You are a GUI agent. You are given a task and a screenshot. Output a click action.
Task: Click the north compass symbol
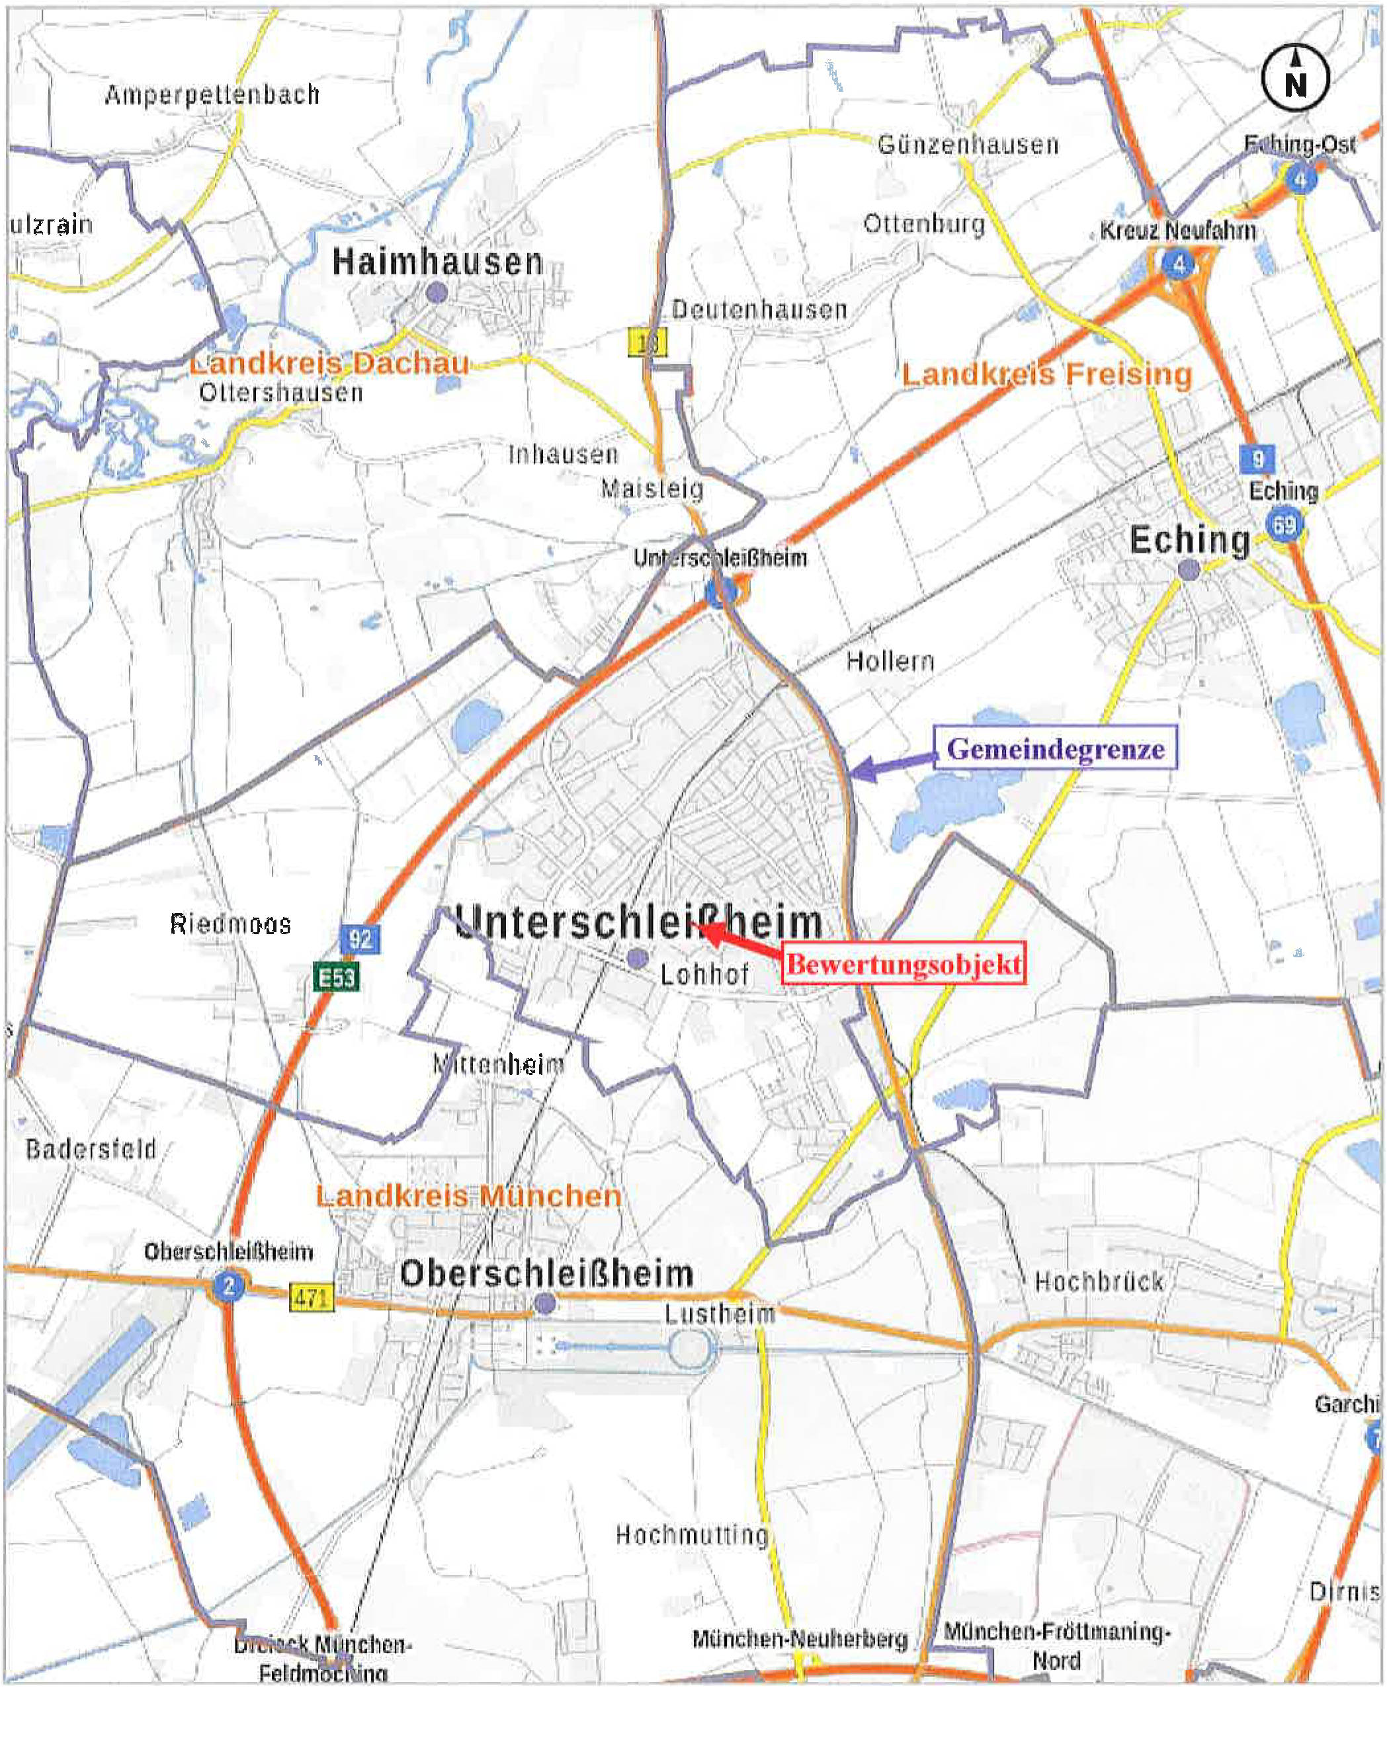point(1294,78)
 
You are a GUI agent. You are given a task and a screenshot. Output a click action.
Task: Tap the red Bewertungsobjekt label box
point(903,964)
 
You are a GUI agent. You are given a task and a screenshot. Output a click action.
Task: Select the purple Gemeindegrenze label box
point(1054,748)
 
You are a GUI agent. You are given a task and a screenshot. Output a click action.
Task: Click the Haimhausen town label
point(438,262)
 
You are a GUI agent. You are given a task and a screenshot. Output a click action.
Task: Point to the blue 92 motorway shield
point(359,939)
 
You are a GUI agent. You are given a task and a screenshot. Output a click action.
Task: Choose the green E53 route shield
point(336,977)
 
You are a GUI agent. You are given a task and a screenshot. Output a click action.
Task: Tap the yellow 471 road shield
point(312,1298)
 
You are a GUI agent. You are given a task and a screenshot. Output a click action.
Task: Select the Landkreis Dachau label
point(329,362)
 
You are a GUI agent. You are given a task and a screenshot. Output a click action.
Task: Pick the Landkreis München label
point(469,1196)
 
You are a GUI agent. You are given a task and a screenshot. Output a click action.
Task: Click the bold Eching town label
point(1189,540)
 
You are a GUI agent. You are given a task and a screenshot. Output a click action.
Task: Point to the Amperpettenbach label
point(212,95)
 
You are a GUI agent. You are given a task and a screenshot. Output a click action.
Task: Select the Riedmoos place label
point(230,924)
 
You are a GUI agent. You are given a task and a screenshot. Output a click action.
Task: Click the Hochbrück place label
point(1099,1282)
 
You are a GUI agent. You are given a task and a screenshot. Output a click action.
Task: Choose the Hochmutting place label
point(692,1534)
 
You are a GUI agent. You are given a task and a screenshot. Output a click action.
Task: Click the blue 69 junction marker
point(1284,524)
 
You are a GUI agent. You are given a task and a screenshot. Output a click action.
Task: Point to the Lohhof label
point(704,974)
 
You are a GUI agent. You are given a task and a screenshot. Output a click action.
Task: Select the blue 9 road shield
point(1257,459)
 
